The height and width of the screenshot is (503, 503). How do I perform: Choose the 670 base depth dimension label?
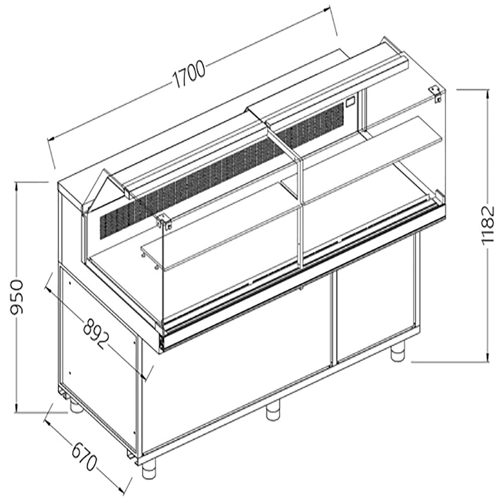pyautogui.click(x=84, y=456)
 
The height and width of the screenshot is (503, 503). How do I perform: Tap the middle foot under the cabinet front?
pyautogui.click(x=273, y=411)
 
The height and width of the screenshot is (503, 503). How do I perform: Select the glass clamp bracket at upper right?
pyautogui.click(x=436, y=93)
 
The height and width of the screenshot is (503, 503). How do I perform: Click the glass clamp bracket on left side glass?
pyautogui.click(x=164, y=221)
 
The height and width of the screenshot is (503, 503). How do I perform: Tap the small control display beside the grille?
pyautogui.click(x=350, y=104)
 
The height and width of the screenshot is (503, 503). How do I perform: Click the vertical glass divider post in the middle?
pyautogui.click(x=300, y=211)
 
